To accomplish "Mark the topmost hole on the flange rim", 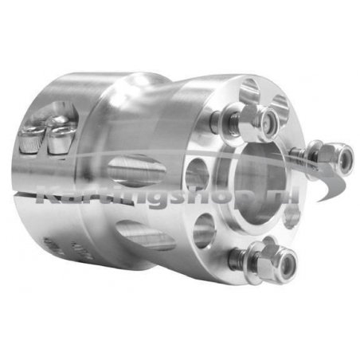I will pyautogui.click(x=249, y=86).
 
